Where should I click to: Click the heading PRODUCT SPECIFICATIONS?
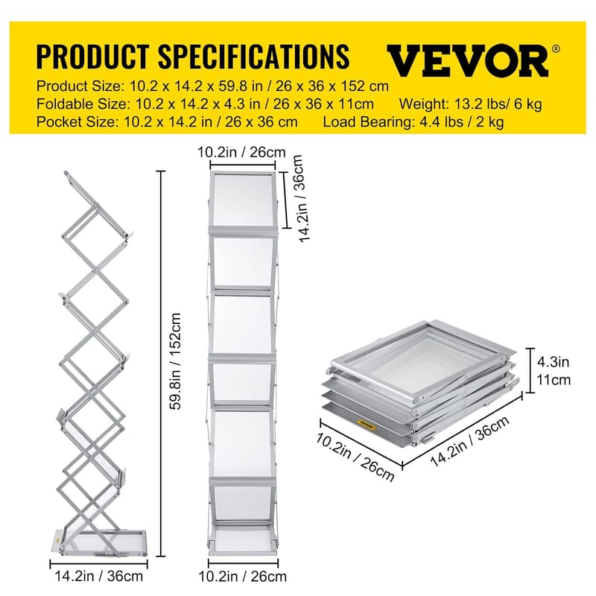pos(192,57)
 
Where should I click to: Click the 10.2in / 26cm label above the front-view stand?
pos(241,153)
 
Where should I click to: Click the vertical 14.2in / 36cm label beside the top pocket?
pos(298,204)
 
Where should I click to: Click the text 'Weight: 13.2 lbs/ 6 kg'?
pos(471,104)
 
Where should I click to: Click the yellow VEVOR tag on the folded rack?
pos(366,424)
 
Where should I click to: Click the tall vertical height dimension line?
pos(159,365)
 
